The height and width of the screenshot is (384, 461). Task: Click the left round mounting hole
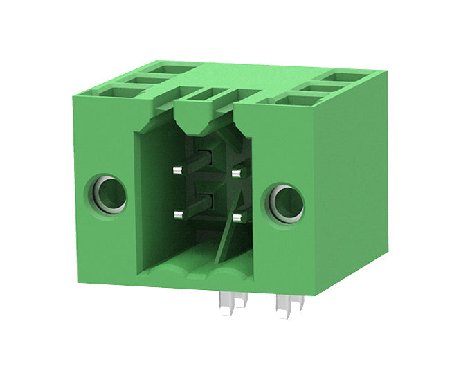tap(108, 194)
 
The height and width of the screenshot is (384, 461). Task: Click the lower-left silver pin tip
tap(178, 214)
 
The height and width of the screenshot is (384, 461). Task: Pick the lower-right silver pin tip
tap(237, 219)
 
